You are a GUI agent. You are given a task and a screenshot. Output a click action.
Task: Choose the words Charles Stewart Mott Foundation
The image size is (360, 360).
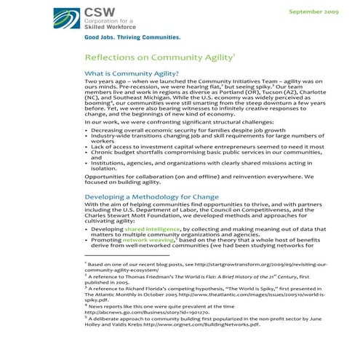click(x=138, y=216)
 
